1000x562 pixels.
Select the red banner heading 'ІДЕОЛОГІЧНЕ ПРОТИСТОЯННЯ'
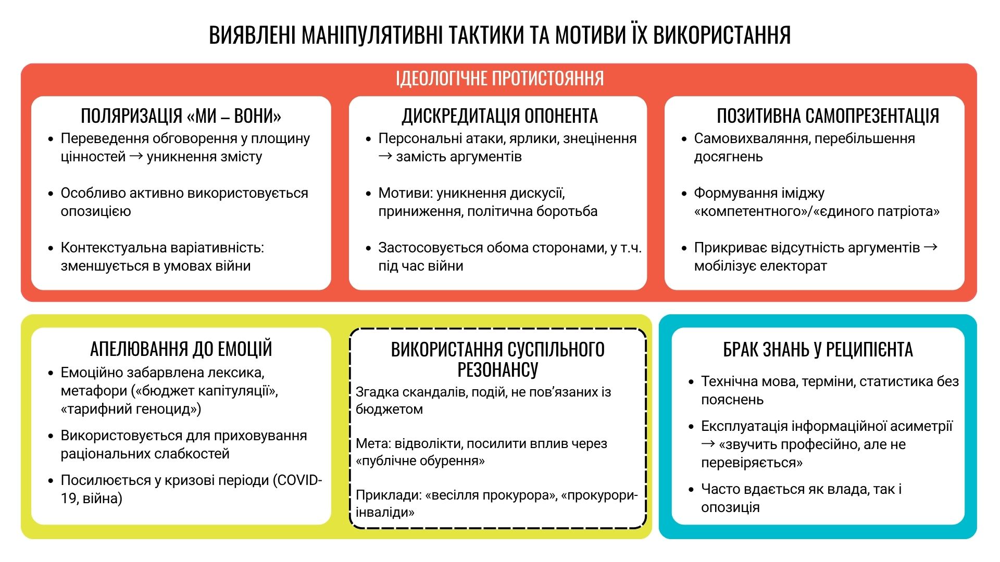[x=500, y=78]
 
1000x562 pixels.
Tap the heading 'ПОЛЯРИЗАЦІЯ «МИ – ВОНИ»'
[x=181, y=116]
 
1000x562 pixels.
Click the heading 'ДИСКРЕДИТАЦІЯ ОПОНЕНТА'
[x=499, y=116]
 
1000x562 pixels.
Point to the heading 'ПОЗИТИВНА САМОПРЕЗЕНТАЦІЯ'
[x=828, y=116]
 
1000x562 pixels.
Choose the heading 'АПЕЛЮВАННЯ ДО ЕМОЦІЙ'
[x=181, y=349]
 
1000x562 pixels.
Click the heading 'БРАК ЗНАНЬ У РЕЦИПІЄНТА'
[x=818, y=350]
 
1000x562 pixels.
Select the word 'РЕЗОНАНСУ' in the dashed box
[x=497, y=369]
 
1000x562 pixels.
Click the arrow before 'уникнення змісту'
[x=136, y=156]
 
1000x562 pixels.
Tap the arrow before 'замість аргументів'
[x=385, y=156]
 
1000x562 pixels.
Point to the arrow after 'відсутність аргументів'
[x=931, y=247]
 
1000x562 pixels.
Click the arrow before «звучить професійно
[x=708, y=444]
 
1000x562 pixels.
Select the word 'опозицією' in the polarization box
[x=96, y=211]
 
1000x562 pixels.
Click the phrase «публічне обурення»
[x=420, y=461]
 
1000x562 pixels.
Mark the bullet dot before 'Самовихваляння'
[x=684, y=139]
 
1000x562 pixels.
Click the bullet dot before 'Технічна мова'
[x=691, y=382]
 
